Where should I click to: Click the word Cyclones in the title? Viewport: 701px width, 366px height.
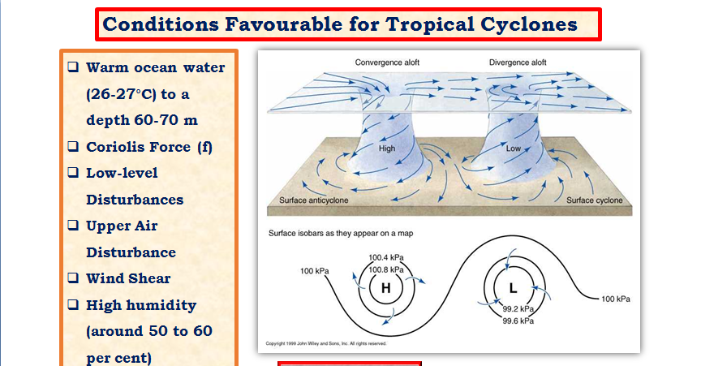529,24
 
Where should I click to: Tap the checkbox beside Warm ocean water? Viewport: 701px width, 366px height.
73,67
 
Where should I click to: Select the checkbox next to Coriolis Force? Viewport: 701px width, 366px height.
73,146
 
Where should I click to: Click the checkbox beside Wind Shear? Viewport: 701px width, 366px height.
73,278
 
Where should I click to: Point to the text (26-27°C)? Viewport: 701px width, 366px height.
120,94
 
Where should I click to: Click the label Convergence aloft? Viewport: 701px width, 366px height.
387,62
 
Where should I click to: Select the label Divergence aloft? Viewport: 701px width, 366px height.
518,62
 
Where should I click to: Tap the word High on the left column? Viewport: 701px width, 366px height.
387,149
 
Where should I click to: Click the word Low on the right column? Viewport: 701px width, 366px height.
514,149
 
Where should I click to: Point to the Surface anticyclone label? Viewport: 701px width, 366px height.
313,200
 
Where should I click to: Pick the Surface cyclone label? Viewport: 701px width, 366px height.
594,200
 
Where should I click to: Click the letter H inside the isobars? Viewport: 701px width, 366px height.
386,289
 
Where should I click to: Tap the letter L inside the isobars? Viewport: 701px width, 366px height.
514,289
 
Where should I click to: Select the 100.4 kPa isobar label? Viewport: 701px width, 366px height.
386,258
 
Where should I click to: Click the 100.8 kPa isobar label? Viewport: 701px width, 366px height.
386,269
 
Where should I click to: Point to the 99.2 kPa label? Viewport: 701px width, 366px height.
518,309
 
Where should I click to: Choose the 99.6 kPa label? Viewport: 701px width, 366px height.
518,321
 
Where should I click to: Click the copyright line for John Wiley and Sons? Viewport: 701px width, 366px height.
326,343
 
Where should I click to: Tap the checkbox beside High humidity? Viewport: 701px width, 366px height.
73,304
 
